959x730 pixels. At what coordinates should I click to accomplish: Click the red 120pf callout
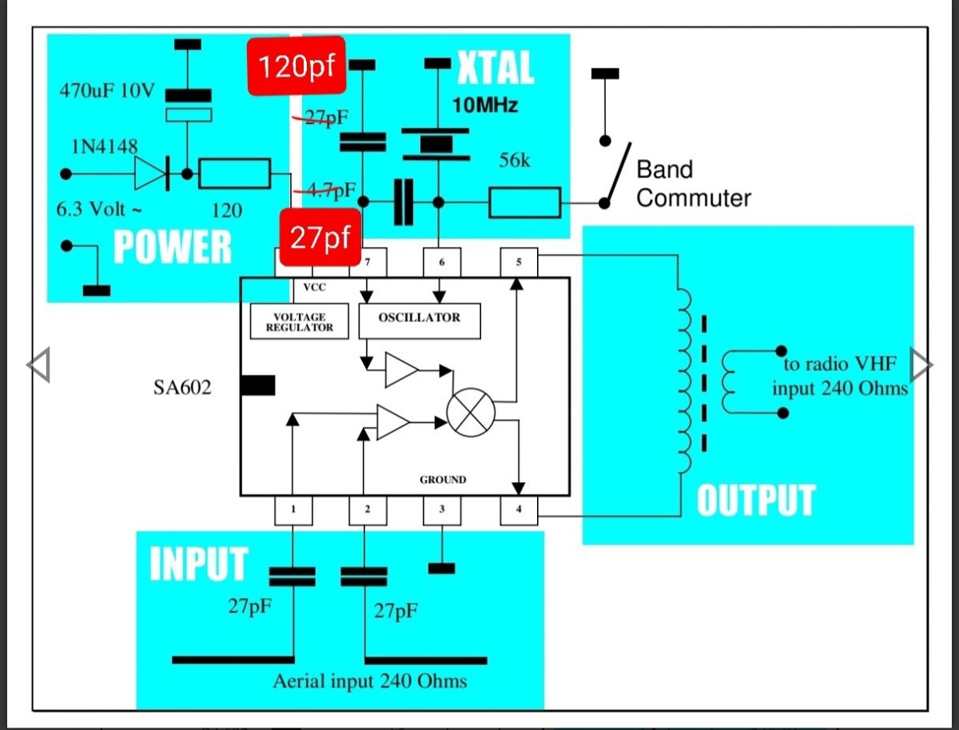tap(296, 66)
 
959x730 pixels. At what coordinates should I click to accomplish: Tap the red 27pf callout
tap(320, 237)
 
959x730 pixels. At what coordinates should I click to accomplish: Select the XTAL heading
tap(495, 67)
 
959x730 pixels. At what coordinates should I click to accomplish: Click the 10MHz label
tap(485, 106)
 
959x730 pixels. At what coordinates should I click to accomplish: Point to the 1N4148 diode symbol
tap(151, 174)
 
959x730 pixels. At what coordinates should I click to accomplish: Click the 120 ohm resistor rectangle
tap(235, 174)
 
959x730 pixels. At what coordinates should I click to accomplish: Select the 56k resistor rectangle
tap(525, 202)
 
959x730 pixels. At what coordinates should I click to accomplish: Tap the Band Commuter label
tap(694, 184)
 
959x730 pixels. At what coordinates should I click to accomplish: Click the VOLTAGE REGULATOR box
tap(299, 321)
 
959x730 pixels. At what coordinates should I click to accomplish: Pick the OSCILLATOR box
tap(420, 321)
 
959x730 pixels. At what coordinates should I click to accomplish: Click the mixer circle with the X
tap(471, 413)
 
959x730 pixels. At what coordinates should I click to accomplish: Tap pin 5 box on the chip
tap(519, 262)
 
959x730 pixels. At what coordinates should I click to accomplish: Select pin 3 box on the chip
tap(442, 509)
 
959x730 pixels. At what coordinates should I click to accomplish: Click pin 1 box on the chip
tap(293, 509)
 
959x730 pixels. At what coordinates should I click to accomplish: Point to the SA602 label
tap(182, 387)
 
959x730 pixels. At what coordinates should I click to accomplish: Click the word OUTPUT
tap(756, 501)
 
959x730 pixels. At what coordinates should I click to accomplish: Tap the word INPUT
tap(199, 564)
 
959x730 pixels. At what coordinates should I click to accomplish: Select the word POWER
tap(172, 247)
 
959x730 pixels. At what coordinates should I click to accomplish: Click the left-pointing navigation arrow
tap(39, 365)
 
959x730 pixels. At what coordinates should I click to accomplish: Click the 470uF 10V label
tap(107, 91)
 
